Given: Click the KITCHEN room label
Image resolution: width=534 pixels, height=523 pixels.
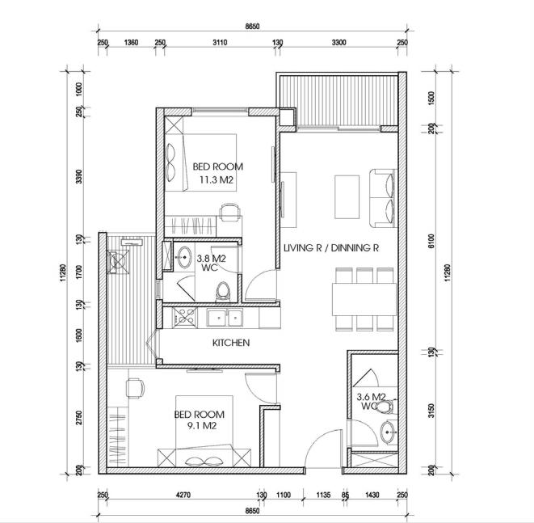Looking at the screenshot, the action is tap(231, 343).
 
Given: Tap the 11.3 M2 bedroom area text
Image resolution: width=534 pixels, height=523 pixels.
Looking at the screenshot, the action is tap(217, 179).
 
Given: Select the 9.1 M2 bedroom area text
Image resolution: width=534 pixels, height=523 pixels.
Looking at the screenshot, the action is tap(202, 425).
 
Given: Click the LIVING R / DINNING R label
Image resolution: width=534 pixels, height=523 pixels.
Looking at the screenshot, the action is tap(331, 247).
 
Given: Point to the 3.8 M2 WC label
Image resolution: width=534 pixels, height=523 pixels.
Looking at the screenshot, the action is tap(211, 263).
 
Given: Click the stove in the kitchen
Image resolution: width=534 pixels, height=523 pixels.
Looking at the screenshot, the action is tap(184, 317).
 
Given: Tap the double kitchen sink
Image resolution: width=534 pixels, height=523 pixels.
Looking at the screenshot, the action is tap(225, 318).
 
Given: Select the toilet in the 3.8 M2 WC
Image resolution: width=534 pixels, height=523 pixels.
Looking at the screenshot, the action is tap(223, 292).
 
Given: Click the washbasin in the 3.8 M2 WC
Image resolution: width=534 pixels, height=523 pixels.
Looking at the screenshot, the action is tap(184, 257).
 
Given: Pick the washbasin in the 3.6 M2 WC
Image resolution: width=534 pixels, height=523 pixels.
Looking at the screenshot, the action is tap(388, 432).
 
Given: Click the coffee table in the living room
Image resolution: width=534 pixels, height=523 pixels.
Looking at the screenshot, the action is tap(347, 197).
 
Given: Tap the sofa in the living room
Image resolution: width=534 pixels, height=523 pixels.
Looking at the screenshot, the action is tap(384, 198).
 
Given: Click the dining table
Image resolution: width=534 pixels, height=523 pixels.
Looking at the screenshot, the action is tap(364, 299).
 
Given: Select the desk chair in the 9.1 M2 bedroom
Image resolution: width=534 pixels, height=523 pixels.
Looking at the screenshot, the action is tap(135, 388).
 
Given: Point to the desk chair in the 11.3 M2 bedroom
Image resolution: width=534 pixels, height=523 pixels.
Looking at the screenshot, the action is tap(229, 213).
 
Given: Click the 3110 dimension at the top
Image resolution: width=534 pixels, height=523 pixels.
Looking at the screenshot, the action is tap(220, 43).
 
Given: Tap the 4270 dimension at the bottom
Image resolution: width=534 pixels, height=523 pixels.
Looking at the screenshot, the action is tap(183, 495).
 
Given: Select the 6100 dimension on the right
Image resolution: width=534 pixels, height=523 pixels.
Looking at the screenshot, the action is tap(431, 241).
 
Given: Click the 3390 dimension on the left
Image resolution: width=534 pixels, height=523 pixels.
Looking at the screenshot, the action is tap(78, 176).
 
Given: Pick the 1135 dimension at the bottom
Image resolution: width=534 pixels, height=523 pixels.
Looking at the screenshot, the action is tap(323, 495).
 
